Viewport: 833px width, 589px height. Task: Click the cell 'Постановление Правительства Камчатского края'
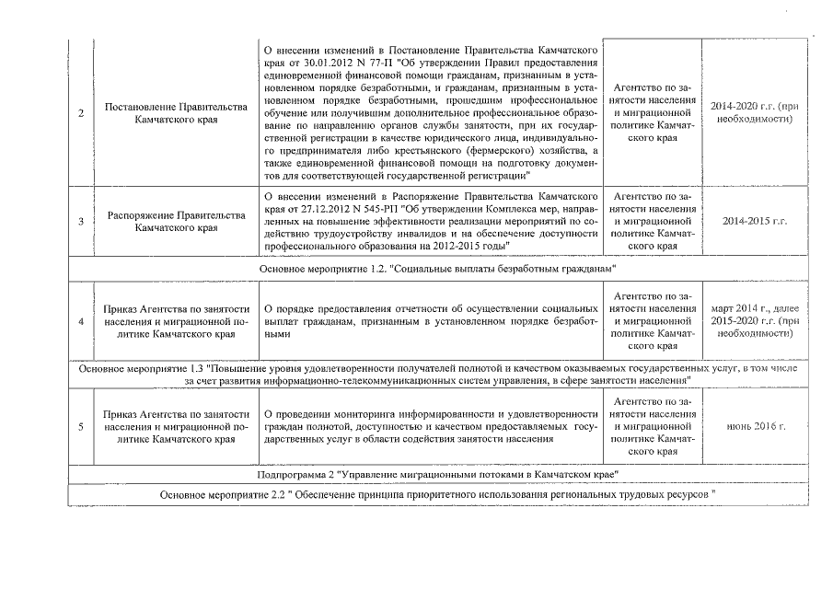pyautogui.click(x=176, y=113)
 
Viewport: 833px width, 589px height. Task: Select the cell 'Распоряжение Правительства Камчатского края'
pyautogui.click(x=176, y=222)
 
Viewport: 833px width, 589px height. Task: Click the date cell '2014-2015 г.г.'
pyautogui.click(x=754, y=222)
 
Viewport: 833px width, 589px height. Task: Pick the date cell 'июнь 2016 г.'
pyautogui.click(x=754, y=427)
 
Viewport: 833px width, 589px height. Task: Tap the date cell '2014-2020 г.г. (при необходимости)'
pyautogui.click(x=754, y=113)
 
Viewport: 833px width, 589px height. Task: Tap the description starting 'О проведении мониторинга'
pyautogui.click(x=431, y=427)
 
